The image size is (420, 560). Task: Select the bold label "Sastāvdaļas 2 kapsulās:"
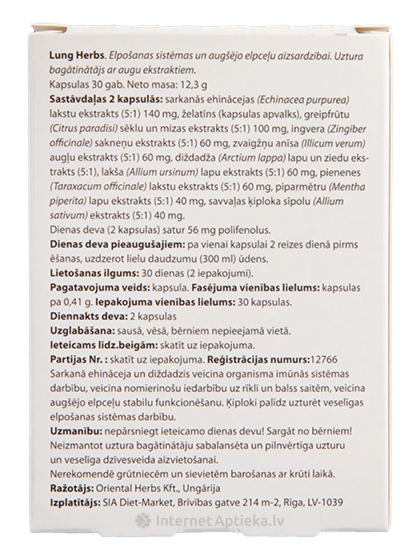(x=100, y=99)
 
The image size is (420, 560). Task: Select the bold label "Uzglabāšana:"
(x=82, y=331)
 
